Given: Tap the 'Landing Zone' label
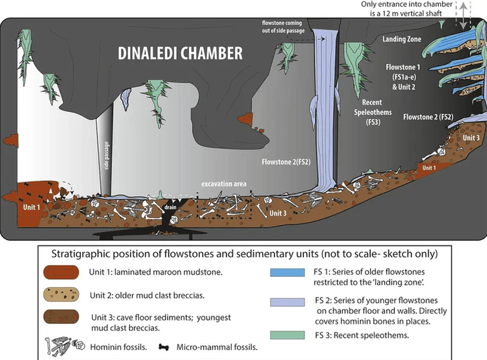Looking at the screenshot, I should point(401,39).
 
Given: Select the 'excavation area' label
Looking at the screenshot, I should point(224,184).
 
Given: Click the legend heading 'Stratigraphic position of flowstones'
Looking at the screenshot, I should point(244,253).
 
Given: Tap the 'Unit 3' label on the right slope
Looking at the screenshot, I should point(471,138).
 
